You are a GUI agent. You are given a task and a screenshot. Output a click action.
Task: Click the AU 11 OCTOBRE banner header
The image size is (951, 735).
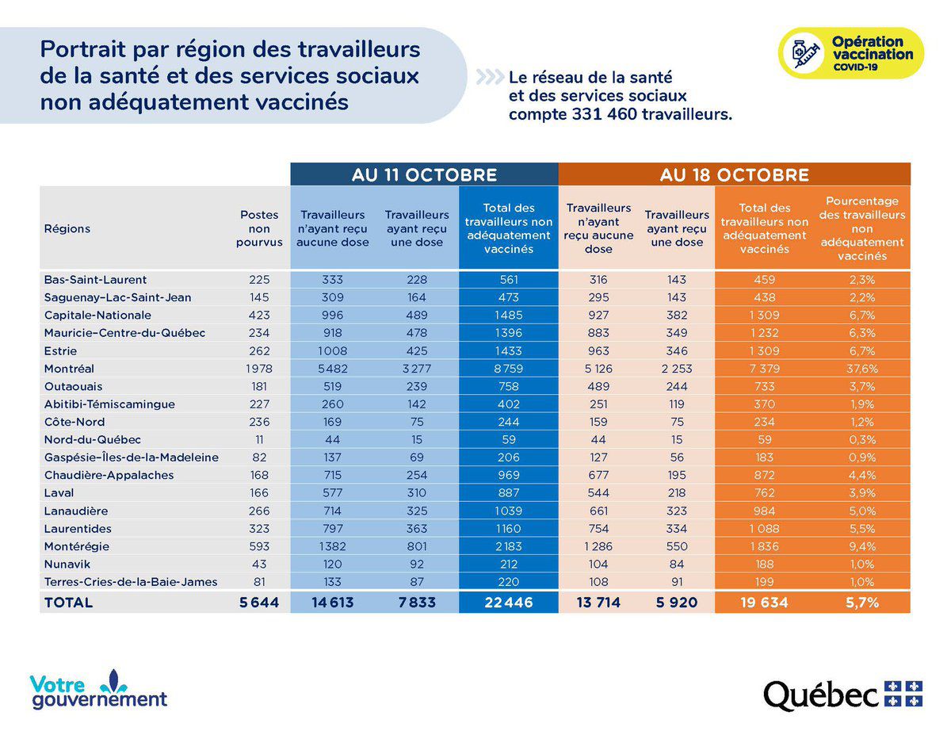pyautogui.click(x=424, y=174)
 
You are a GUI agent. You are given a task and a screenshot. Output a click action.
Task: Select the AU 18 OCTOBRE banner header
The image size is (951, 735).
pyautogui.click(x=735, y=174)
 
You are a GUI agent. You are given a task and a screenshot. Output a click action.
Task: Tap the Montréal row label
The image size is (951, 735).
pyautogui.click(x=69, y=369)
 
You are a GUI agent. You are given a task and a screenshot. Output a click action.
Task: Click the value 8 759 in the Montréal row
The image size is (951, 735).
pyautogui.click(x=508, y=369)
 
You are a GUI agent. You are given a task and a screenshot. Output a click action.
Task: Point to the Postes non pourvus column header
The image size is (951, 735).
pyautogui.click(x=259, y=228)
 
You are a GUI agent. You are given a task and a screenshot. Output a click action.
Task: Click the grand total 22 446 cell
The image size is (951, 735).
pyautogui.click(x=508, y=603)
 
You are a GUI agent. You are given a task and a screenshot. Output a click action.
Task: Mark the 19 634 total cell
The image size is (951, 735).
pyautogui.click(x=764, y=603)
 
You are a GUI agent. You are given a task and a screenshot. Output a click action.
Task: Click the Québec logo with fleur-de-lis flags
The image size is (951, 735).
pyautogui.click(x=843, y=695)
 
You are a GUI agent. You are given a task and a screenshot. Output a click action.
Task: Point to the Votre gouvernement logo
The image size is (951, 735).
pyautogui.click(x=99, y=691)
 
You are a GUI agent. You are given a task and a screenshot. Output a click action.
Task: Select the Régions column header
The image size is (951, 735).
pyautogui.click(x=67, y=228)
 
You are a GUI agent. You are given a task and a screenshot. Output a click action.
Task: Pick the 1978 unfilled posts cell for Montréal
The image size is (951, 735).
pyautogui.click(x=258, y=369)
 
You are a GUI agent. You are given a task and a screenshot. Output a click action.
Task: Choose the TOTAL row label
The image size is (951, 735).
pyautogui.click(x=68, y=603)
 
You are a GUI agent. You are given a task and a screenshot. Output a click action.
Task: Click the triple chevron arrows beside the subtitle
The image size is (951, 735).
pyautogui.click(x=489, y=78)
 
